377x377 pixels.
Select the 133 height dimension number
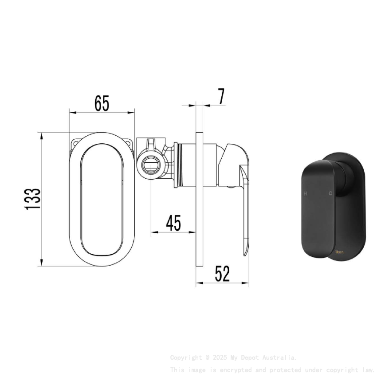[x=33, y=199]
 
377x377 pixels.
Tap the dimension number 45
[x=173, y=223]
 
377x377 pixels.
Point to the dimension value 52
[x=222, y=274]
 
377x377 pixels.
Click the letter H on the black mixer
[x=305, y=193]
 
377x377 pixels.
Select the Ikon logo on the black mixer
[x=339, y=251]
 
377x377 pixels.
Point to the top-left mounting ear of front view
[x=75, y=143]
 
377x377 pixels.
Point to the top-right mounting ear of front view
[x=129, y=143]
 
